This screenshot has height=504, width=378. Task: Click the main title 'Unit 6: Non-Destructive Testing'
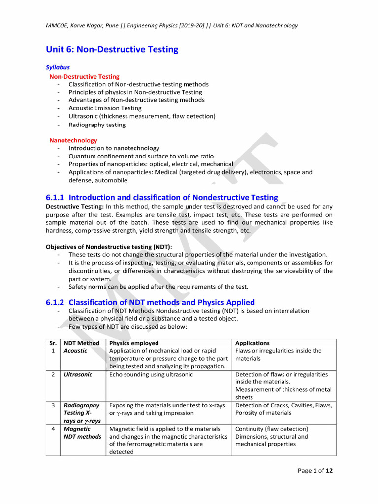[112, 49]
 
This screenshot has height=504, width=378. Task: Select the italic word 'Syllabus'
[58, 67]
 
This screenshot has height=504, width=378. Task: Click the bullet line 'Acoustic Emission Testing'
[105, 108]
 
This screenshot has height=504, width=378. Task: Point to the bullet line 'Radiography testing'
[97, 125]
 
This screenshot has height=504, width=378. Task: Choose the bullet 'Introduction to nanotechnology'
[114, 148]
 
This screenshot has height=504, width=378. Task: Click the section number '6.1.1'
[55, 197]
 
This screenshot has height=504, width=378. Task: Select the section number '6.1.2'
[55, 302]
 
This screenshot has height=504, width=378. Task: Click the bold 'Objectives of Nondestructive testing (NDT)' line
[108, 246]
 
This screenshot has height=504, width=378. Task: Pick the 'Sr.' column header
[53, 343]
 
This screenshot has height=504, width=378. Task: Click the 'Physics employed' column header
[134, 343]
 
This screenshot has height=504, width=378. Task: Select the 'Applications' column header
[252, 343]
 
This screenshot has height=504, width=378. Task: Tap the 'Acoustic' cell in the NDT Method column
[75, 351]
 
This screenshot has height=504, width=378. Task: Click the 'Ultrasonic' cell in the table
[78, 374]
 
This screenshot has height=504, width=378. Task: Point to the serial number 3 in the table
[53, 405]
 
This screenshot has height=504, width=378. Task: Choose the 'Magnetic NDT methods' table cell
[82, 433]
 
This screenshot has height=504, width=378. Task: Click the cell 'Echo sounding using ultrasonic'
[151, 374]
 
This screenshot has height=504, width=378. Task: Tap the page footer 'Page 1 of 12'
[315, 471]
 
